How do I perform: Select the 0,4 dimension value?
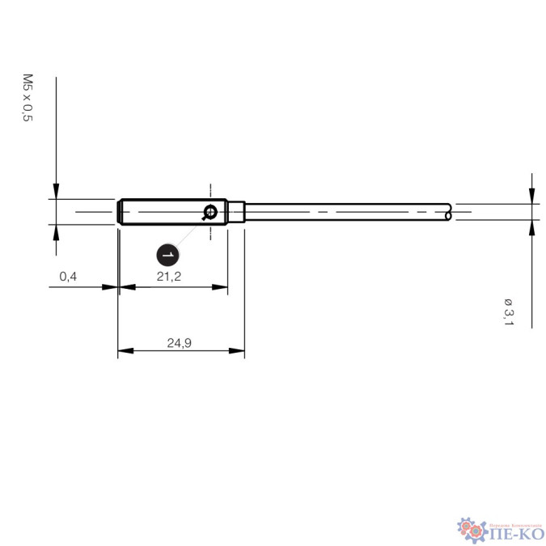(x=68, y=277)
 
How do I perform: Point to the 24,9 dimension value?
(x=179, y=343)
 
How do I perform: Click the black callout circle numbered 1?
(x=167, y=254)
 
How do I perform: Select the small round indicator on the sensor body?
(x=210, y=213)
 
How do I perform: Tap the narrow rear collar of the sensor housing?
(x=235, y=212)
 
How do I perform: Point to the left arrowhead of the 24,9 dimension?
(x=125, y=352)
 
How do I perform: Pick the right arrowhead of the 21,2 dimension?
(x=220, y=286)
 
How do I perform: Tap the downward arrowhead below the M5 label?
(x=56, y=191)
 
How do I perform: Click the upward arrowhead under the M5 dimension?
(x=56, y=231)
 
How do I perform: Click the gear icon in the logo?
(x=470, y=529)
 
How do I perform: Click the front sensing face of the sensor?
(x=120, y=212)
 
